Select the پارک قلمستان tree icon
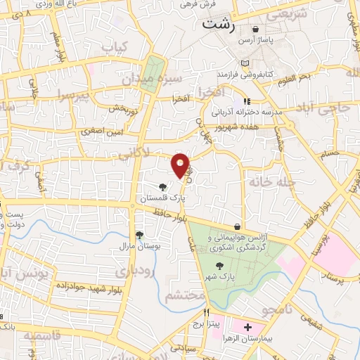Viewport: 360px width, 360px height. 163,187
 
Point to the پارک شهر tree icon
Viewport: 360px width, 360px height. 220,266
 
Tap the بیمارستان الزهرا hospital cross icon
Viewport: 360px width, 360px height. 247,328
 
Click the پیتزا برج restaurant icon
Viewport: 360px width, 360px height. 206,312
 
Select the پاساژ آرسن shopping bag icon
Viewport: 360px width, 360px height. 255,30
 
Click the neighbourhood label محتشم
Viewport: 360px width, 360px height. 184,296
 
